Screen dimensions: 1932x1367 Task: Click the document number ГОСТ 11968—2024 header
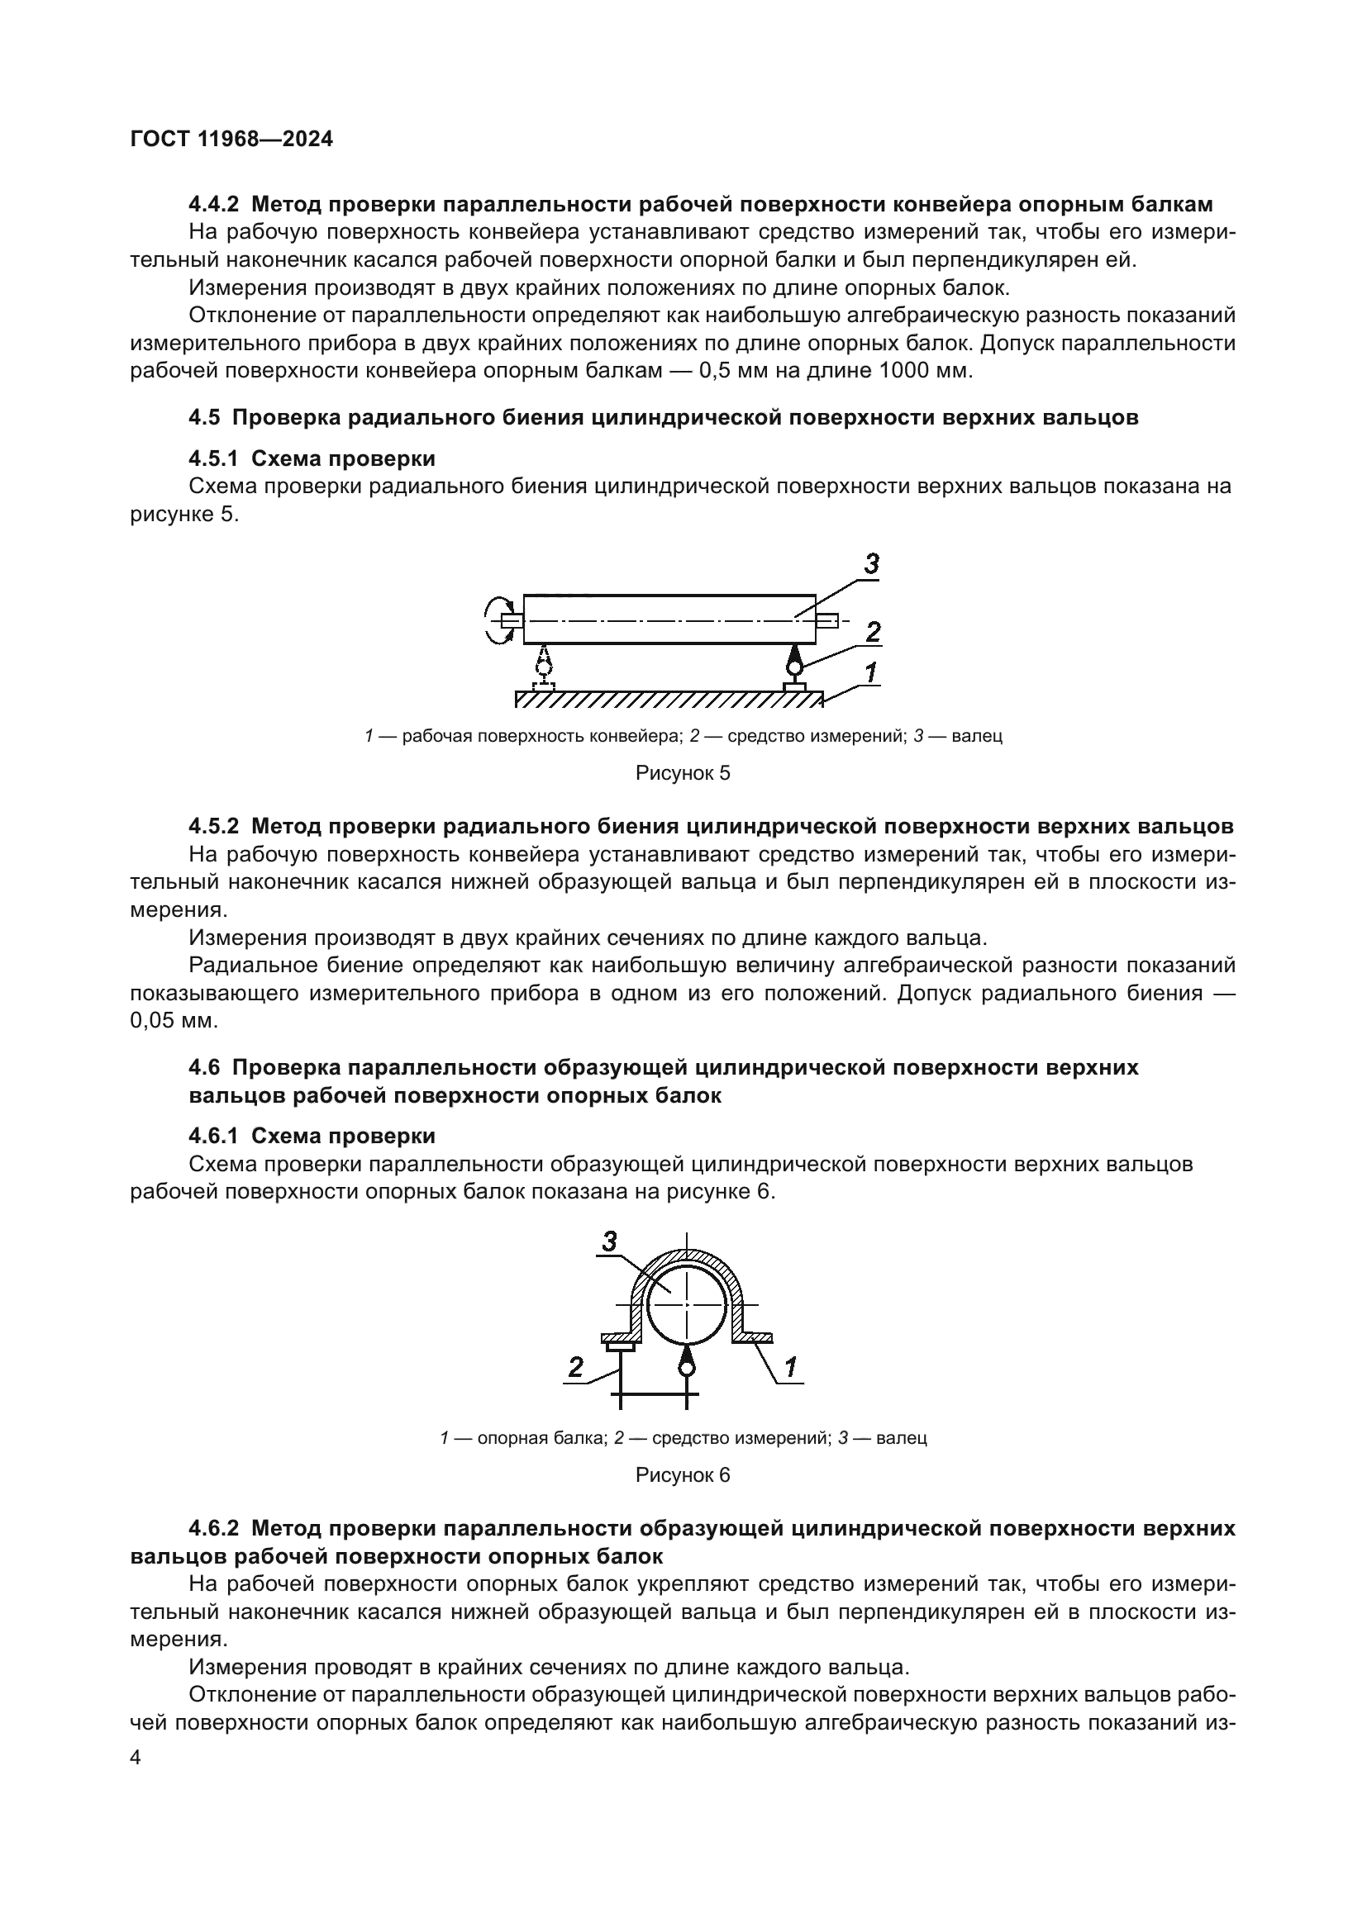231,139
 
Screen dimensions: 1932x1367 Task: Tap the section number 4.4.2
214,205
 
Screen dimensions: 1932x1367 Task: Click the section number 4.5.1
214,458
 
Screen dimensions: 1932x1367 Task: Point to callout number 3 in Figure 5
871,564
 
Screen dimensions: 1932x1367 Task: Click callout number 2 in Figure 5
873,631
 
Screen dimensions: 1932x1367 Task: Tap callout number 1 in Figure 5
871,672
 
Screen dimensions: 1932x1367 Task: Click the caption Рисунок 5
683,773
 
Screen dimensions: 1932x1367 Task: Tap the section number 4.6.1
214,1137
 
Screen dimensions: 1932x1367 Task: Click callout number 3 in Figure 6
610,1241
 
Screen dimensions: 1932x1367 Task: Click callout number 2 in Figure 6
576,1366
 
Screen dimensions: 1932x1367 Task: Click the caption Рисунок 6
683,1475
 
